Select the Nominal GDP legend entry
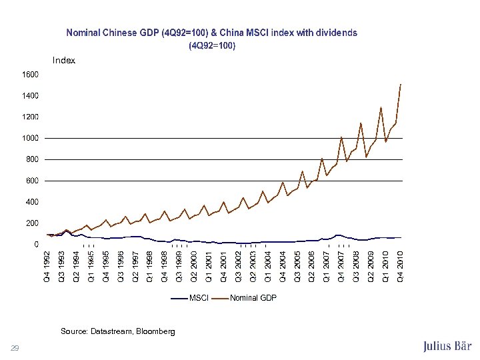pos(253,297)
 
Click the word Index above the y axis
pos(64,61)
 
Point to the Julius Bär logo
pos(447,346)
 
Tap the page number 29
pos(15,347)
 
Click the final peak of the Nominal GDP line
pos(400,85)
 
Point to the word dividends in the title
pos(336,32)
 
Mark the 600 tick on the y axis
pos(31,181)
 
